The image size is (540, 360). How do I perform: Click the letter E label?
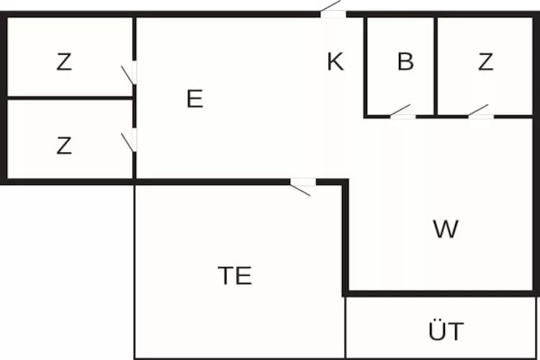[194, 99]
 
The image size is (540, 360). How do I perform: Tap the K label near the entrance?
[335, 62]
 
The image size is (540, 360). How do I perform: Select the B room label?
[405, 62]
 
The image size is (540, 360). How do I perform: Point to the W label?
[446, 229]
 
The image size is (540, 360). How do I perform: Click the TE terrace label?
[235, 276]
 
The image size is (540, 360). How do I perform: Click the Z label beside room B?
[485, 62]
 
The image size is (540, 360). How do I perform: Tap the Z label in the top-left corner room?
[64, 62]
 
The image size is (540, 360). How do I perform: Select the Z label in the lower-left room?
[64, 145]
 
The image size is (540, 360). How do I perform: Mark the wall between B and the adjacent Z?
[436, 66]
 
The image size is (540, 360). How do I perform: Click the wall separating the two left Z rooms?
[70, 98]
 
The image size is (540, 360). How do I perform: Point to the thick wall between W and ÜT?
[441, 294]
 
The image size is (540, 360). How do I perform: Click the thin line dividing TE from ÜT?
[345, 328]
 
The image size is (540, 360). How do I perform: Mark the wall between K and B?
[365, 66]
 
